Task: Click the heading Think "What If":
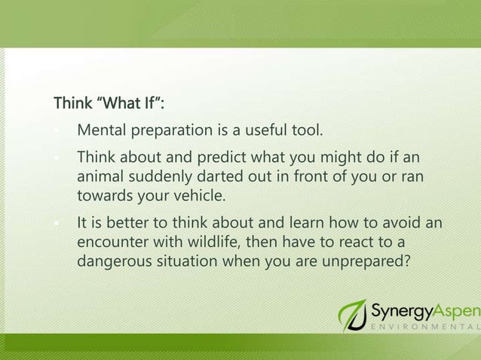[109, 102]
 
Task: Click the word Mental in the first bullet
[103, 133]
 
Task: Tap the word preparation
[173, 133]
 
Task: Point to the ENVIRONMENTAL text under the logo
[424, 329]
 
